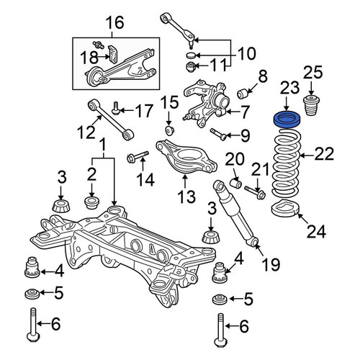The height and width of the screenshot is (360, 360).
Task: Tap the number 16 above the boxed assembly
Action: [115, 23]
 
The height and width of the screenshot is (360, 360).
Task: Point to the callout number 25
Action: [313, 72]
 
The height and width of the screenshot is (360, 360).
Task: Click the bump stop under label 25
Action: [312, 106]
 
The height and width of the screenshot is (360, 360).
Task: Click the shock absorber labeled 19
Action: [235, 214]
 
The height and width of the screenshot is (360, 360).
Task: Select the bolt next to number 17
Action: [115, 107]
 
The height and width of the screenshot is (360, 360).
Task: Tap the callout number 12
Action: [86, 132]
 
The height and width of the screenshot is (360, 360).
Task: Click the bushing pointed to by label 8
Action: [242, 94]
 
